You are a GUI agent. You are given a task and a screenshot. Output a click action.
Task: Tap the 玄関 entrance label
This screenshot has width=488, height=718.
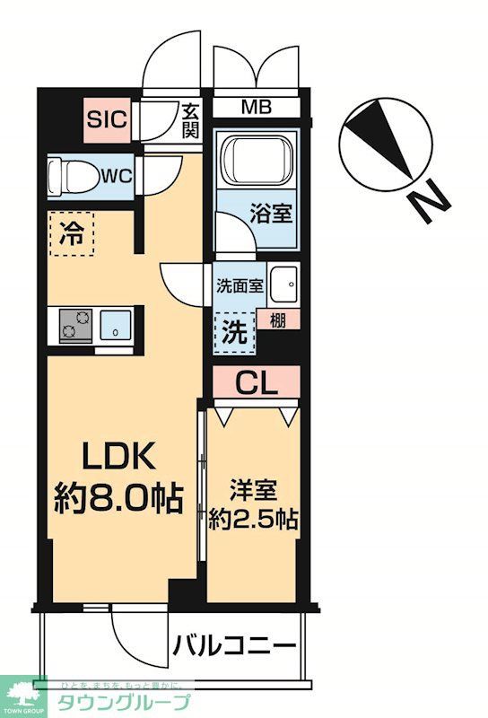pyautogui.click(x=190, y=119)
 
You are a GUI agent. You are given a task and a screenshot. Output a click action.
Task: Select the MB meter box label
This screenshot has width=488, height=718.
pyautogui.click(x=256, y=109)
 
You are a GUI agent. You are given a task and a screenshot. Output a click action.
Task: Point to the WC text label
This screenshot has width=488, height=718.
pyautogui.click(x=117, y=175)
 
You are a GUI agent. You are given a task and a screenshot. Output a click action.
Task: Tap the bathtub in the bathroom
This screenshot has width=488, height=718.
pyautogui.click(x=256, y=166)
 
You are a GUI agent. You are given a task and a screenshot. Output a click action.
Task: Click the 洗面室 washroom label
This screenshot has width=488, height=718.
pyautogui.click(x=239, y=286)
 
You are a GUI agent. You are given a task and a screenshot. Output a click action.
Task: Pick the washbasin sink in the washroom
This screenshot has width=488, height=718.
pyautogui.click(x=284, y=286)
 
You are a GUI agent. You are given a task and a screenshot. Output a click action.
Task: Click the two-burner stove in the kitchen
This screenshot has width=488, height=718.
pyautogui.click(x=75, y=325)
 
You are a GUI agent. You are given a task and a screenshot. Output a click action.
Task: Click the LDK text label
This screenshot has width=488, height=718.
pyautogui.click(x=121, y=458)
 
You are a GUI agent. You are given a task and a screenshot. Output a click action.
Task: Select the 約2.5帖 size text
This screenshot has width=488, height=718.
pyautogui.click(x=254, y=520)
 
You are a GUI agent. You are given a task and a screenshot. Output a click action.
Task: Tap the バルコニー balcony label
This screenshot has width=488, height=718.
pyautogui.click(x=234, y=646)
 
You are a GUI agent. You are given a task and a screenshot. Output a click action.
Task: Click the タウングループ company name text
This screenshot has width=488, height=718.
pyautogui.click(x=125, y=702)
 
